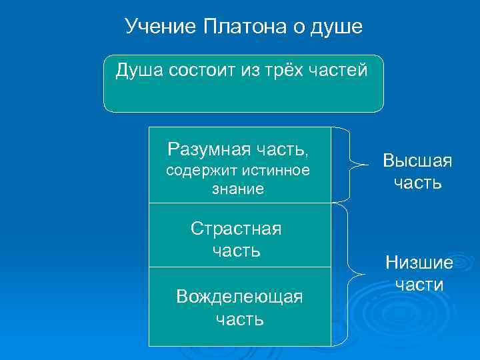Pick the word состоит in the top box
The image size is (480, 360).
pos(201,70)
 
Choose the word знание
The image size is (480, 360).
pos(238,189)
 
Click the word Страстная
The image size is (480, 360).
pos(236,229)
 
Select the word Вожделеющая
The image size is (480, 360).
pos(239,296)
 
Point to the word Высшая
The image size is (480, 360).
pos(417,161)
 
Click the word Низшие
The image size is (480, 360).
pos(419,263)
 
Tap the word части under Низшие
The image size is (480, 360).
pos(419,285)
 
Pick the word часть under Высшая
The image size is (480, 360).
pos(417,183)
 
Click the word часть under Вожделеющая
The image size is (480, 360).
pos(239,319)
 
